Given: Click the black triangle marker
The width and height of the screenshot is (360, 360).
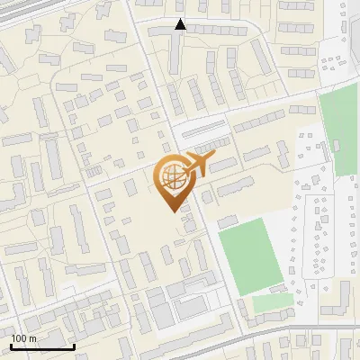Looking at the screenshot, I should pos(181,25).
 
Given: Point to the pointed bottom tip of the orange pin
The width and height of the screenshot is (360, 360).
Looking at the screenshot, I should pos(172,211).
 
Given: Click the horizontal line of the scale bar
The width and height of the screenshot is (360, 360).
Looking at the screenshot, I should pos(41,347).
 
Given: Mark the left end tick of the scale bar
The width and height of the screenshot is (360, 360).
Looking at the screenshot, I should pos(11,346).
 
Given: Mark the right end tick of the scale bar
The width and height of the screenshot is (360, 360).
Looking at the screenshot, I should pos(73,346).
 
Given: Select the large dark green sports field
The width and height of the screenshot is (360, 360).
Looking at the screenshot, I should pos(253,255).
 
